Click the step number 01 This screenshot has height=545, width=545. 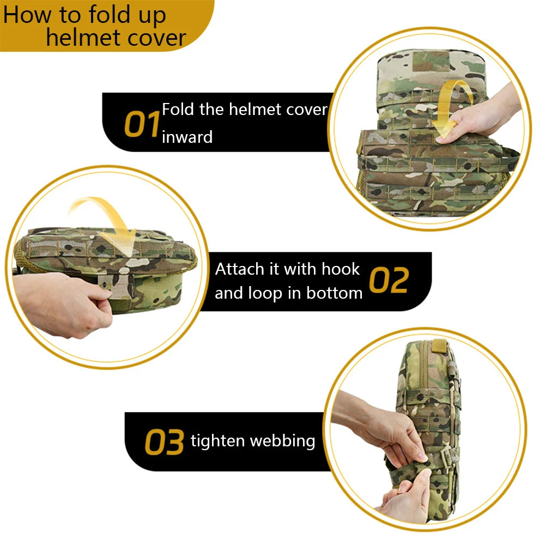click(141, 124)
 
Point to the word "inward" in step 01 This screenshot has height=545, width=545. click(187, 137)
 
